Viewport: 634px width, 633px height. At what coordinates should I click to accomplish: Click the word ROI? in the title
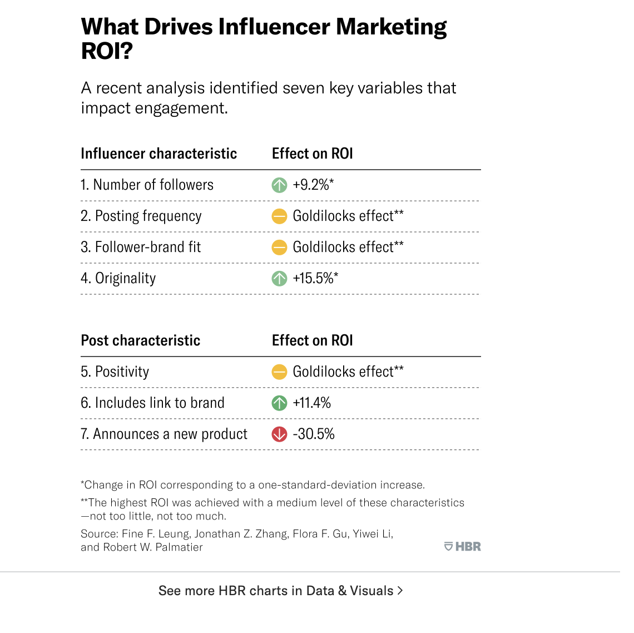click(107, 51)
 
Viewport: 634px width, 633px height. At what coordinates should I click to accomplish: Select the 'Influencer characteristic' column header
click(158, 154)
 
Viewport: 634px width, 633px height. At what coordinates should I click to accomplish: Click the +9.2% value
click(313, 185)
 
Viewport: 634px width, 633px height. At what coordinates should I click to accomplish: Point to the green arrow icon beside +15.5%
click(279, 278)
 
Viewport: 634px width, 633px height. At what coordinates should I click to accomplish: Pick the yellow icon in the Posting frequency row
click(279, 216)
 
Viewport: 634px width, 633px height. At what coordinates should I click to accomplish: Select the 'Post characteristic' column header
click(140, 340)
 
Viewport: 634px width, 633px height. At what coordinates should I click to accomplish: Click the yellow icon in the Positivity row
click(279, 372)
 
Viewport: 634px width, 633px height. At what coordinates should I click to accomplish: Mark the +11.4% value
click(311, 403)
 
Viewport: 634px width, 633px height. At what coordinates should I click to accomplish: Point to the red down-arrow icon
click(279, 434)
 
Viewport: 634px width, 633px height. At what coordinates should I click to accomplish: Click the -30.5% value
click(314, 434)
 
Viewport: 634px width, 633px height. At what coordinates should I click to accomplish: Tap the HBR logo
click(463, 547)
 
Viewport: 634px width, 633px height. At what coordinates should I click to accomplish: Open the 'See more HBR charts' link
click(280, 591)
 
